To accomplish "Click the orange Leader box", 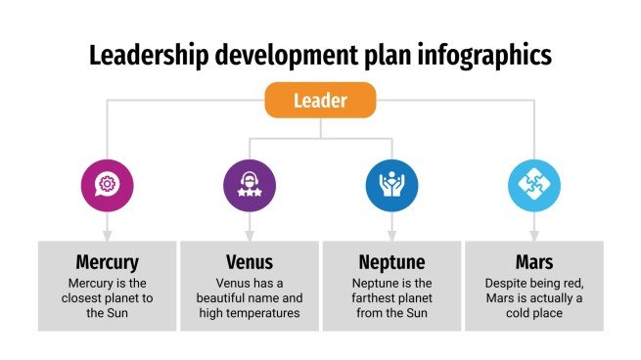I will tap(320, 99).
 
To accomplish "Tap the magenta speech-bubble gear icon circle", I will tap(107, 183).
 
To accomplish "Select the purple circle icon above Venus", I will tap(249, 183).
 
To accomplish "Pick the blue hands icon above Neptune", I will tap(391, 183).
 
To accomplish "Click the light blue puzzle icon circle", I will tap(533, 183).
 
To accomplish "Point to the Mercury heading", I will tap(107, 262).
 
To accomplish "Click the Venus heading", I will tap(249, 262).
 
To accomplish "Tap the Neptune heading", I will tap(391, 262).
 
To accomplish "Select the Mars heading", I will tap(533, 262).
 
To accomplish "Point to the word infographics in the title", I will tap(487, 55).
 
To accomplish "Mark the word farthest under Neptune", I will tap(381, 296).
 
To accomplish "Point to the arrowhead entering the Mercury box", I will tap(107, 235).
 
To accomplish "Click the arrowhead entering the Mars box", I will tap(533, 235).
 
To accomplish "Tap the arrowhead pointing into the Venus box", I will tap(249, 235).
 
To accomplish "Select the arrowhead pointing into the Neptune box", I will tap(391, 235).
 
